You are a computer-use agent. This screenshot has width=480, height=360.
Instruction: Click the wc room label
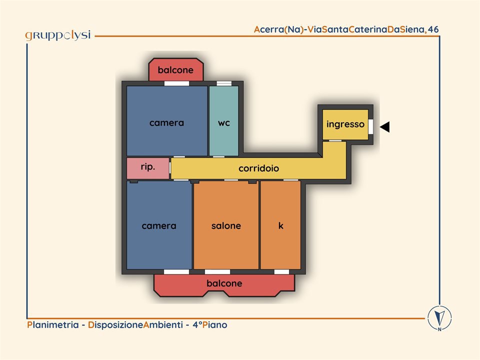pyautogui.click(x=224, y=122)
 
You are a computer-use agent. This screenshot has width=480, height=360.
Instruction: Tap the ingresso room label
pyautogui.click(x=345, y=124)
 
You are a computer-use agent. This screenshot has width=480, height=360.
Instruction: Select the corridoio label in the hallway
pyautogui.click(x=258, y=168)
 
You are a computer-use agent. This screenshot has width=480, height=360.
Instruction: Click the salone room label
pyautogui.click(x=226, y=225)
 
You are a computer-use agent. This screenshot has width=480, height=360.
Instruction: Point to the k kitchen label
pyautogui.click(x=280, y=225)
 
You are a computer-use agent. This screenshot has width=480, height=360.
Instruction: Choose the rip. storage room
pyautogui.click(x=148, y=167)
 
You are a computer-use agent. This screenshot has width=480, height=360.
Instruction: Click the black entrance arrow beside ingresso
pyautogui.click(x=384, y=127)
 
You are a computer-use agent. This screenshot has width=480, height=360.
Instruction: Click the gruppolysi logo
pyautogui.click(x=57, y=35)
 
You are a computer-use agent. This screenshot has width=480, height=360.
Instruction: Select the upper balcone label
pyautogui.click(x=175, y=70)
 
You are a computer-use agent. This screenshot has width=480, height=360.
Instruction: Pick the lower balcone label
pyautogui.click(x=224, y=283)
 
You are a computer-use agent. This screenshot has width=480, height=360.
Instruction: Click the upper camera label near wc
pyautogui.click(x=166, y=122)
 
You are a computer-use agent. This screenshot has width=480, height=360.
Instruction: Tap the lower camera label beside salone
pyautogui.click(x=159, y=225)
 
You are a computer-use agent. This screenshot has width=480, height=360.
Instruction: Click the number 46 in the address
pyautogui.click(x=433, y=29)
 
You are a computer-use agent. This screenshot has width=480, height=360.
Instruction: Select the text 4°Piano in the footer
pyautogui.click(x=209, y=325)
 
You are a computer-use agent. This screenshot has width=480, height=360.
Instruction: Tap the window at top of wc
pyautogui.click(x=224, y=83)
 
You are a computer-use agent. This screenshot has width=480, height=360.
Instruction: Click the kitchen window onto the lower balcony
pyautogui.click(x=281, y=271)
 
